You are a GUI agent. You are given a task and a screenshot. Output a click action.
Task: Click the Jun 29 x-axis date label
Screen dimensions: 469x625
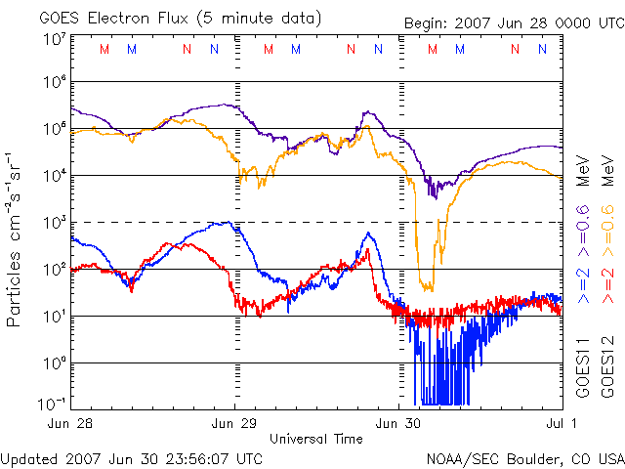[x=235, y=424]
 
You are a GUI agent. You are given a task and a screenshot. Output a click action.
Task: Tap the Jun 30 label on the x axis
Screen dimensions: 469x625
[x=399, y=424]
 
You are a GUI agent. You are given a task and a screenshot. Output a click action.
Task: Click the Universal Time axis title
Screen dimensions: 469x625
[x=316, y=439]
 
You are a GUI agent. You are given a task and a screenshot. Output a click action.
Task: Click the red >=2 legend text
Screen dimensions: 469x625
[x=606, y=282]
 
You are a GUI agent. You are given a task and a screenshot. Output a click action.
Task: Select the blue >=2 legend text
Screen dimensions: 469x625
[x=583, y=282]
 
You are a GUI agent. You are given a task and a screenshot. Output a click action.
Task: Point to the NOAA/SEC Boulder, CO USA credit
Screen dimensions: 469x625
[x=524, y=457]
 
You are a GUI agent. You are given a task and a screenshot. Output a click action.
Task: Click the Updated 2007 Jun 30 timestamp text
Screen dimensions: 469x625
[x=132, y=457]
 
